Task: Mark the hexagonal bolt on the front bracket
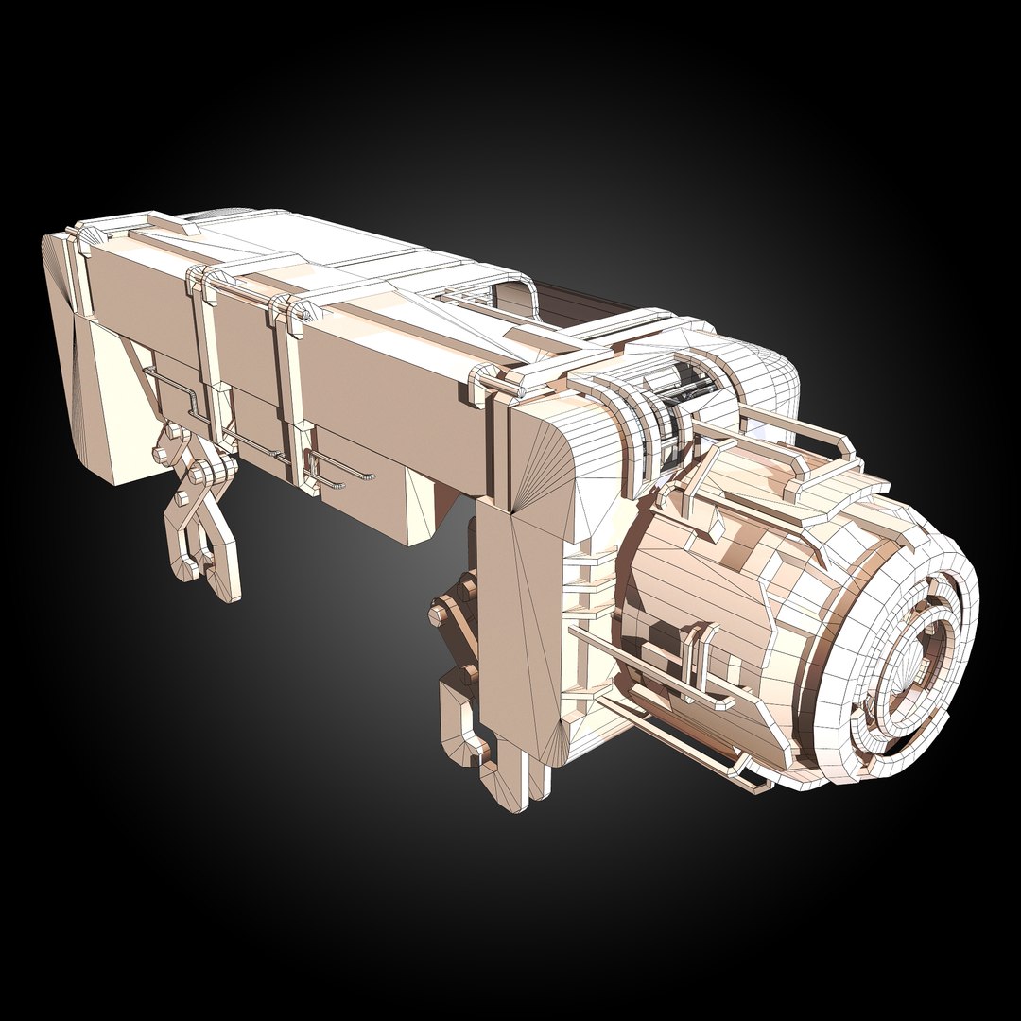pyautogui.click(x=439, y=614)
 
